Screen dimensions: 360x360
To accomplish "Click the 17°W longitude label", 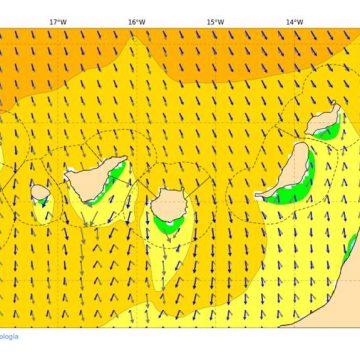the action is (58, 21).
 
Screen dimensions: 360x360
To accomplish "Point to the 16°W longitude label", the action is (136, 21).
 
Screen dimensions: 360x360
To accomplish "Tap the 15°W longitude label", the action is (214, 21).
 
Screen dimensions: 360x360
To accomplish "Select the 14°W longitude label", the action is (293, 21).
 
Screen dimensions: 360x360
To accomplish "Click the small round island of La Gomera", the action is (40, 192).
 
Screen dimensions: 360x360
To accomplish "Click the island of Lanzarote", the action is (324, 122).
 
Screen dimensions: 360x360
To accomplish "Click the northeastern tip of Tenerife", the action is (124, 159).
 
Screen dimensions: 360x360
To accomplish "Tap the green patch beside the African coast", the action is (351, 245).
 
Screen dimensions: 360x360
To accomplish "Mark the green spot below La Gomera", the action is (43, 203).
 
